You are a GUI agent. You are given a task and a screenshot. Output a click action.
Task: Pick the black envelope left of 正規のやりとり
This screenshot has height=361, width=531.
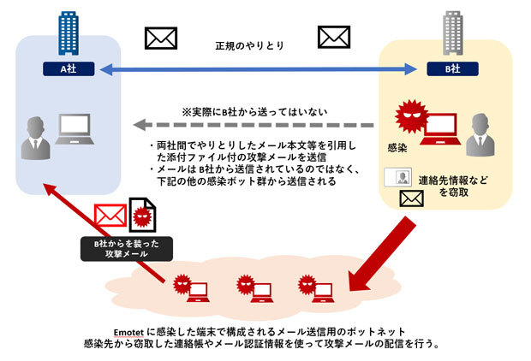point(161,38)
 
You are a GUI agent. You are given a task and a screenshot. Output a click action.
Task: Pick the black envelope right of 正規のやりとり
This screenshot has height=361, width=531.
point(334,38)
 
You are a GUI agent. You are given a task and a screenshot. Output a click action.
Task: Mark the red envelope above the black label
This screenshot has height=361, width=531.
point(109,216)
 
